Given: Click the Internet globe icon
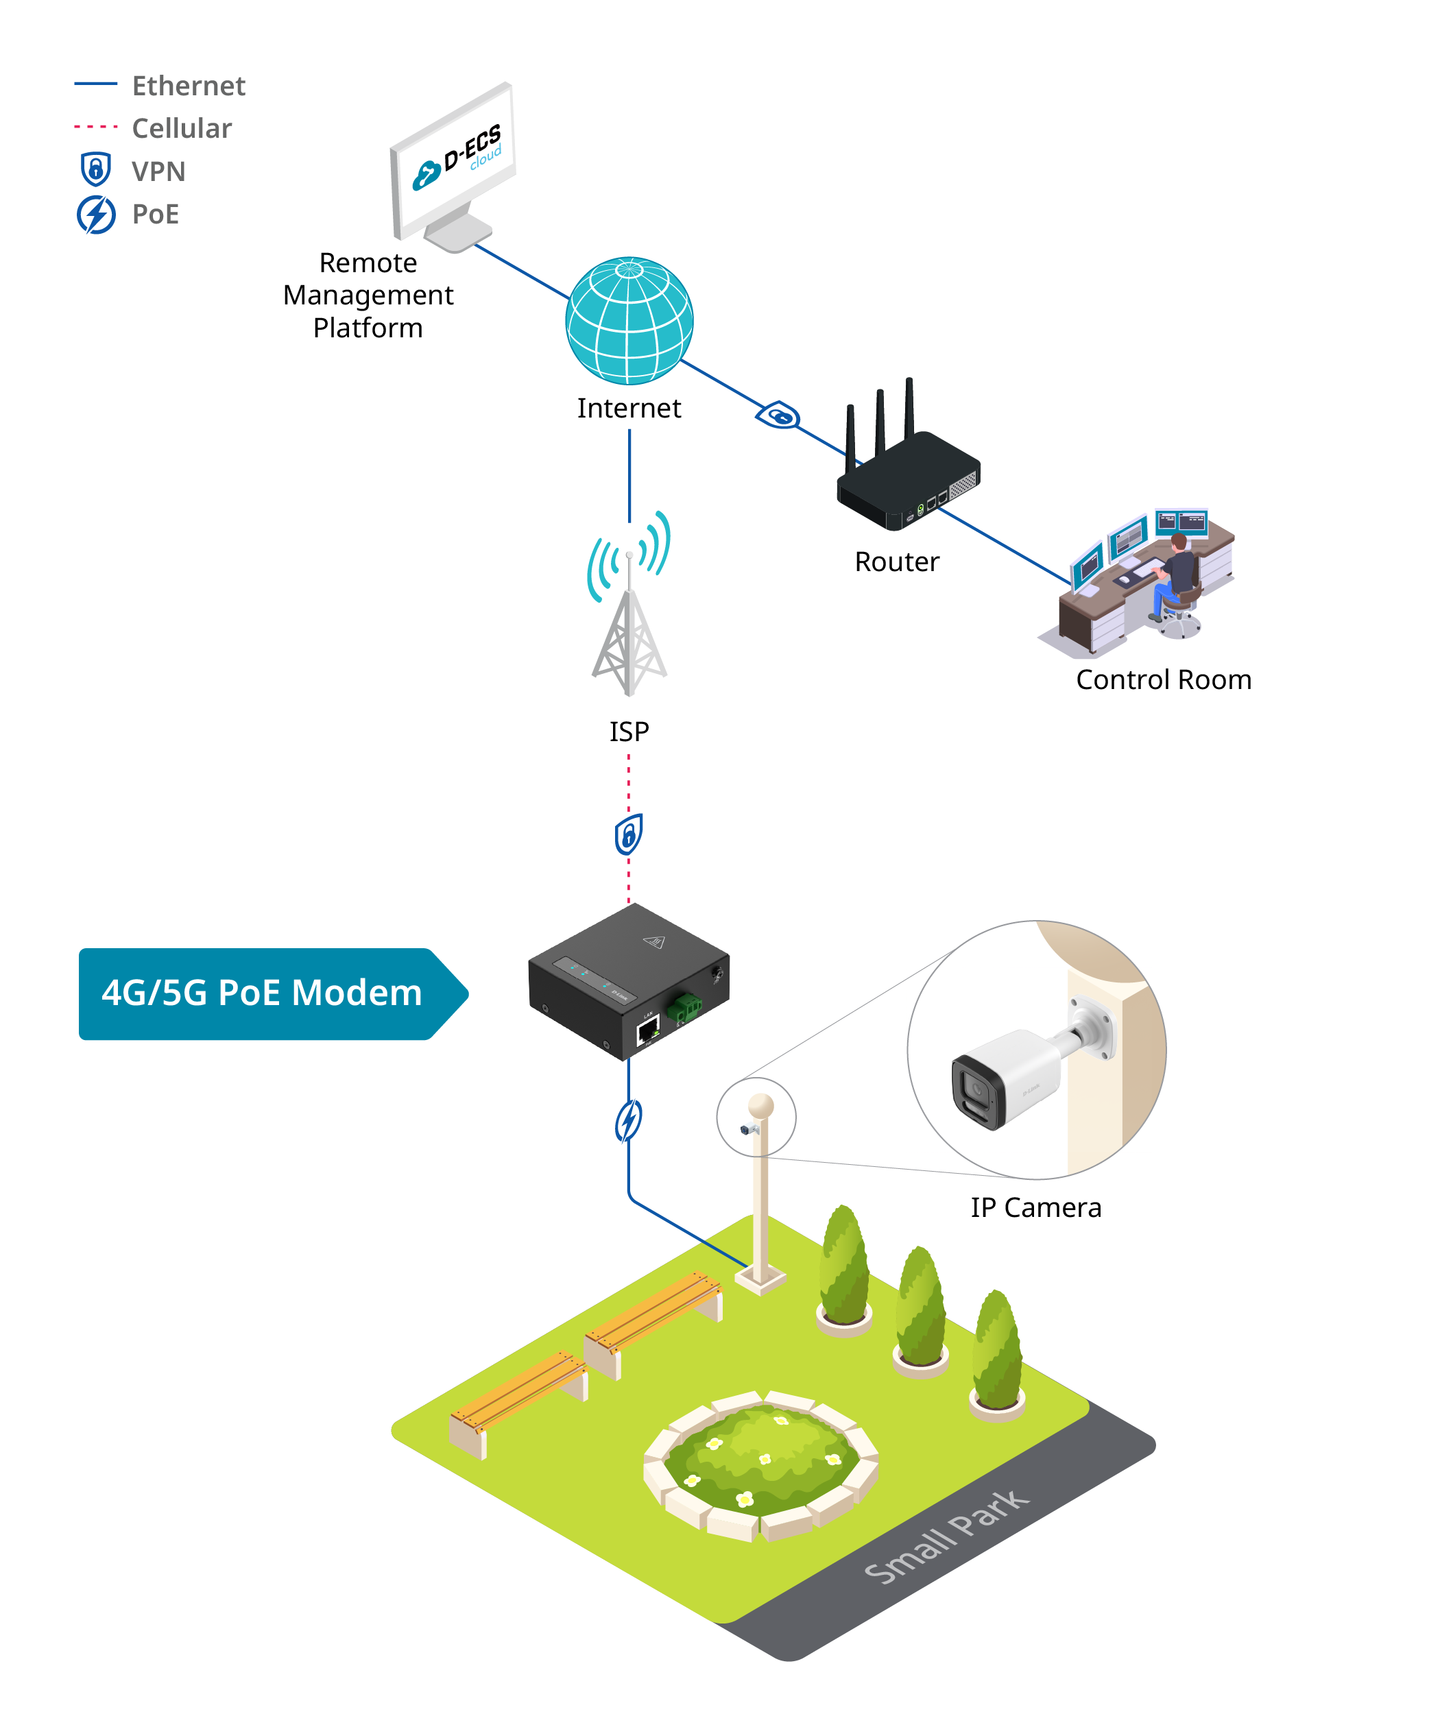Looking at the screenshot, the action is (x=629, y=321).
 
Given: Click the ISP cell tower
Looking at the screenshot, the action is (x=629, y=605).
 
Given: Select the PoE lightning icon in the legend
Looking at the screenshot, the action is (x=96, y=215).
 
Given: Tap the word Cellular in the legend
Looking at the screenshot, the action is (x=182, y=128).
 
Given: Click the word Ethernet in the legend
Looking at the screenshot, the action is (x=189, y=86).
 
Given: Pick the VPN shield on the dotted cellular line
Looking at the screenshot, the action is (x=628, y=834).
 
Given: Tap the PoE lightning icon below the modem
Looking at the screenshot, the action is (x=628, y=1121).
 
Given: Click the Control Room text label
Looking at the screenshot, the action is (x=1163, y=680).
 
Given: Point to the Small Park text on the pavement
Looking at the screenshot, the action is (x=947, y=1535).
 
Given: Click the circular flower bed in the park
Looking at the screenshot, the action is (x=760, y=1466).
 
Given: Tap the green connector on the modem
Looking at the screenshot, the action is (x=684, y=1009).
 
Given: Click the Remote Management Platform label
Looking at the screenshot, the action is (x=368, y=295).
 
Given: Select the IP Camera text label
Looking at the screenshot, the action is (x=1035, y=1208).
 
